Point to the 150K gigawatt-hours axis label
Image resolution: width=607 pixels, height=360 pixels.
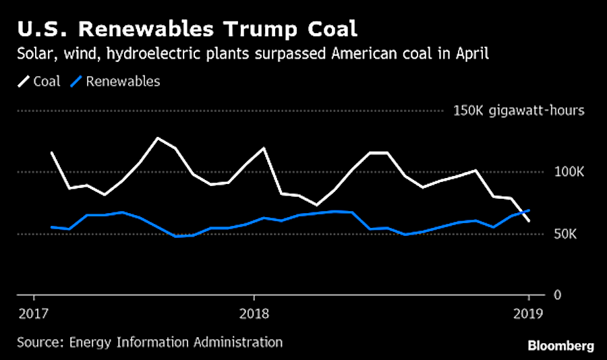tap(519, 111)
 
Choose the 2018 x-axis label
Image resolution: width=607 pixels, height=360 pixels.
tap(254, 313)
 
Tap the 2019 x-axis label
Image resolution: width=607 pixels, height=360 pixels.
tap(528, 313)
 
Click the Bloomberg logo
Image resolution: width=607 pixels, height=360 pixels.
tap(560, 345)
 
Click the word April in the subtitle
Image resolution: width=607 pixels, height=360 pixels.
tap(469, 55)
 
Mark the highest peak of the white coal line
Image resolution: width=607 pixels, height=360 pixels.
tap(157, 138)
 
